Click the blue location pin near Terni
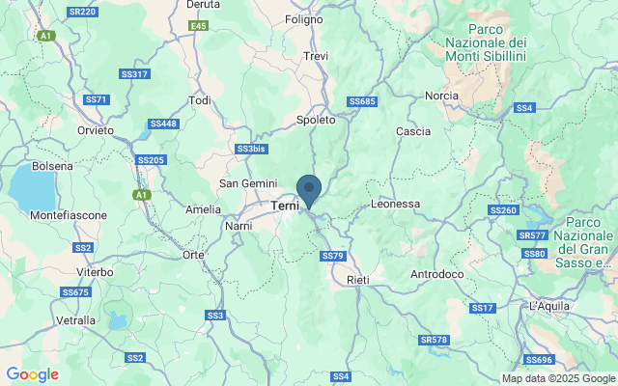pyautogui.click(x=309, y=189)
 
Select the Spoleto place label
pyautogui.click(x=316, y=121)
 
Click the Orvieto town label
pyautogui.click(x=96, y=130)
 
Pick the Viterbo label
pyautogui.click(x=95, y=273)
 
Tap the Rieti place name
pyautogui.click(x=360, y=280)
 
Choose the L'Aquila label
pyautogui.click(x=553, y=306)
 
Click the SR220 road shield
pyautogui.click(x=83, y=12)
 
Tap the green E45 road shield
pyautogui.click(x=198, y=25)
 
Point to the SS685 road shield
pyautogui.click(x=361, y=101)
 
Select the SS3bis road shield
pyautogui.click(x=250, y=149)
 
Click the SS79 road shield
pyautogui.click(x=331, y=256)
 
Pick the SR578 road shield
pyautogui.click(x=435, y=340)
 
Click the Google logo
pyautogui.click(x=32, y=374)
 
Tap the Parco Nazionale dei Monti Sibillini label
pyautogui.click(x=486, y=42)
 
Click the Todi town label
pyautogui.click(x=200, y=100)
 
